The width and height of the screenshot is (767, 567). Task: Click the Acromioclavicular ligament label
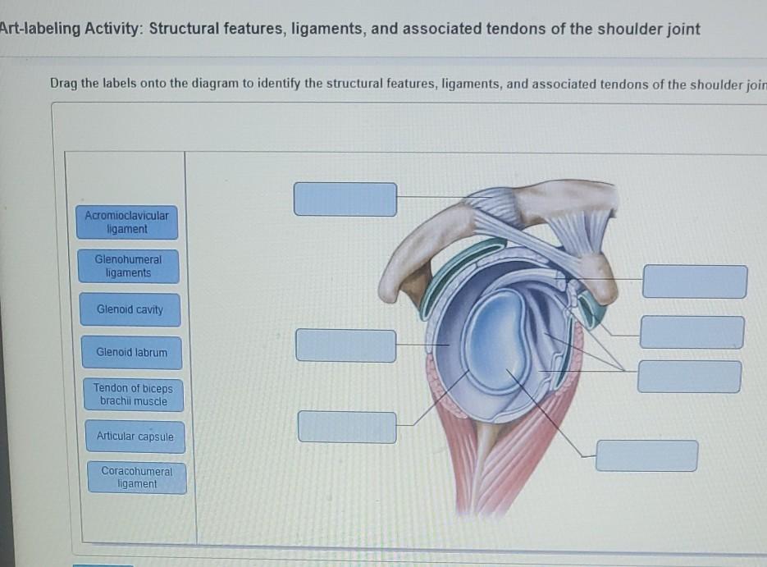[126, 222]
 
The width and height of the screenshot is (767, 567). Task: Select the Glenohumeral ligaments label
[128, 266]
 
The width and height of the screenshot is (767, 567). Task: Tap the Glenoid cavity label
[130, 309]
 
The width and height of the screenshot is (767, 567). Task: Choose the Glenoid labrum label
[131, 352]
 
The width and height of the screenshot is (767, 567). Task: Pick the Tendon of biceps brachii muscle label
[133, 394]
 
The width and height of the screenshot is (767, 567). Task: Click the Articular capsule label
[135, 437]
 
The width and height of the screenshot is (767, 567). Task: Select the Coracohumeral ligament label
[137, 478]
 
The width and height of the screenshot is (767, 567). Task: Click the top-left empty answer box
[345, 199]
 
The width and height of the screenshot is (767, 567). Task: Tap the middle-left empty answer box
[345, 345]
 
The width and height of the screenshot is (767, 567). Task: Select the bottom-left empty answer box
[347, 427]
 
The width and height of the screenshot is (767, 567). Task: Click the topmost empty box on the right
[695, 281]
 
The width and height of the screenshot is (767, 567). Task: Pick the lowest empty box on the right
[646, 455]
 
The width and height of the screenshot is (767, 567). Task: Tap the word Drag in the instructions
[63, 84]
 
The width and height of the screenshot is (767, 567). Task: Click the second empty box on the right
[692, 332]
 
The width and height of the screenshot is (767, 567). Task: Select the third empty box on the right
[689, 377]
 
